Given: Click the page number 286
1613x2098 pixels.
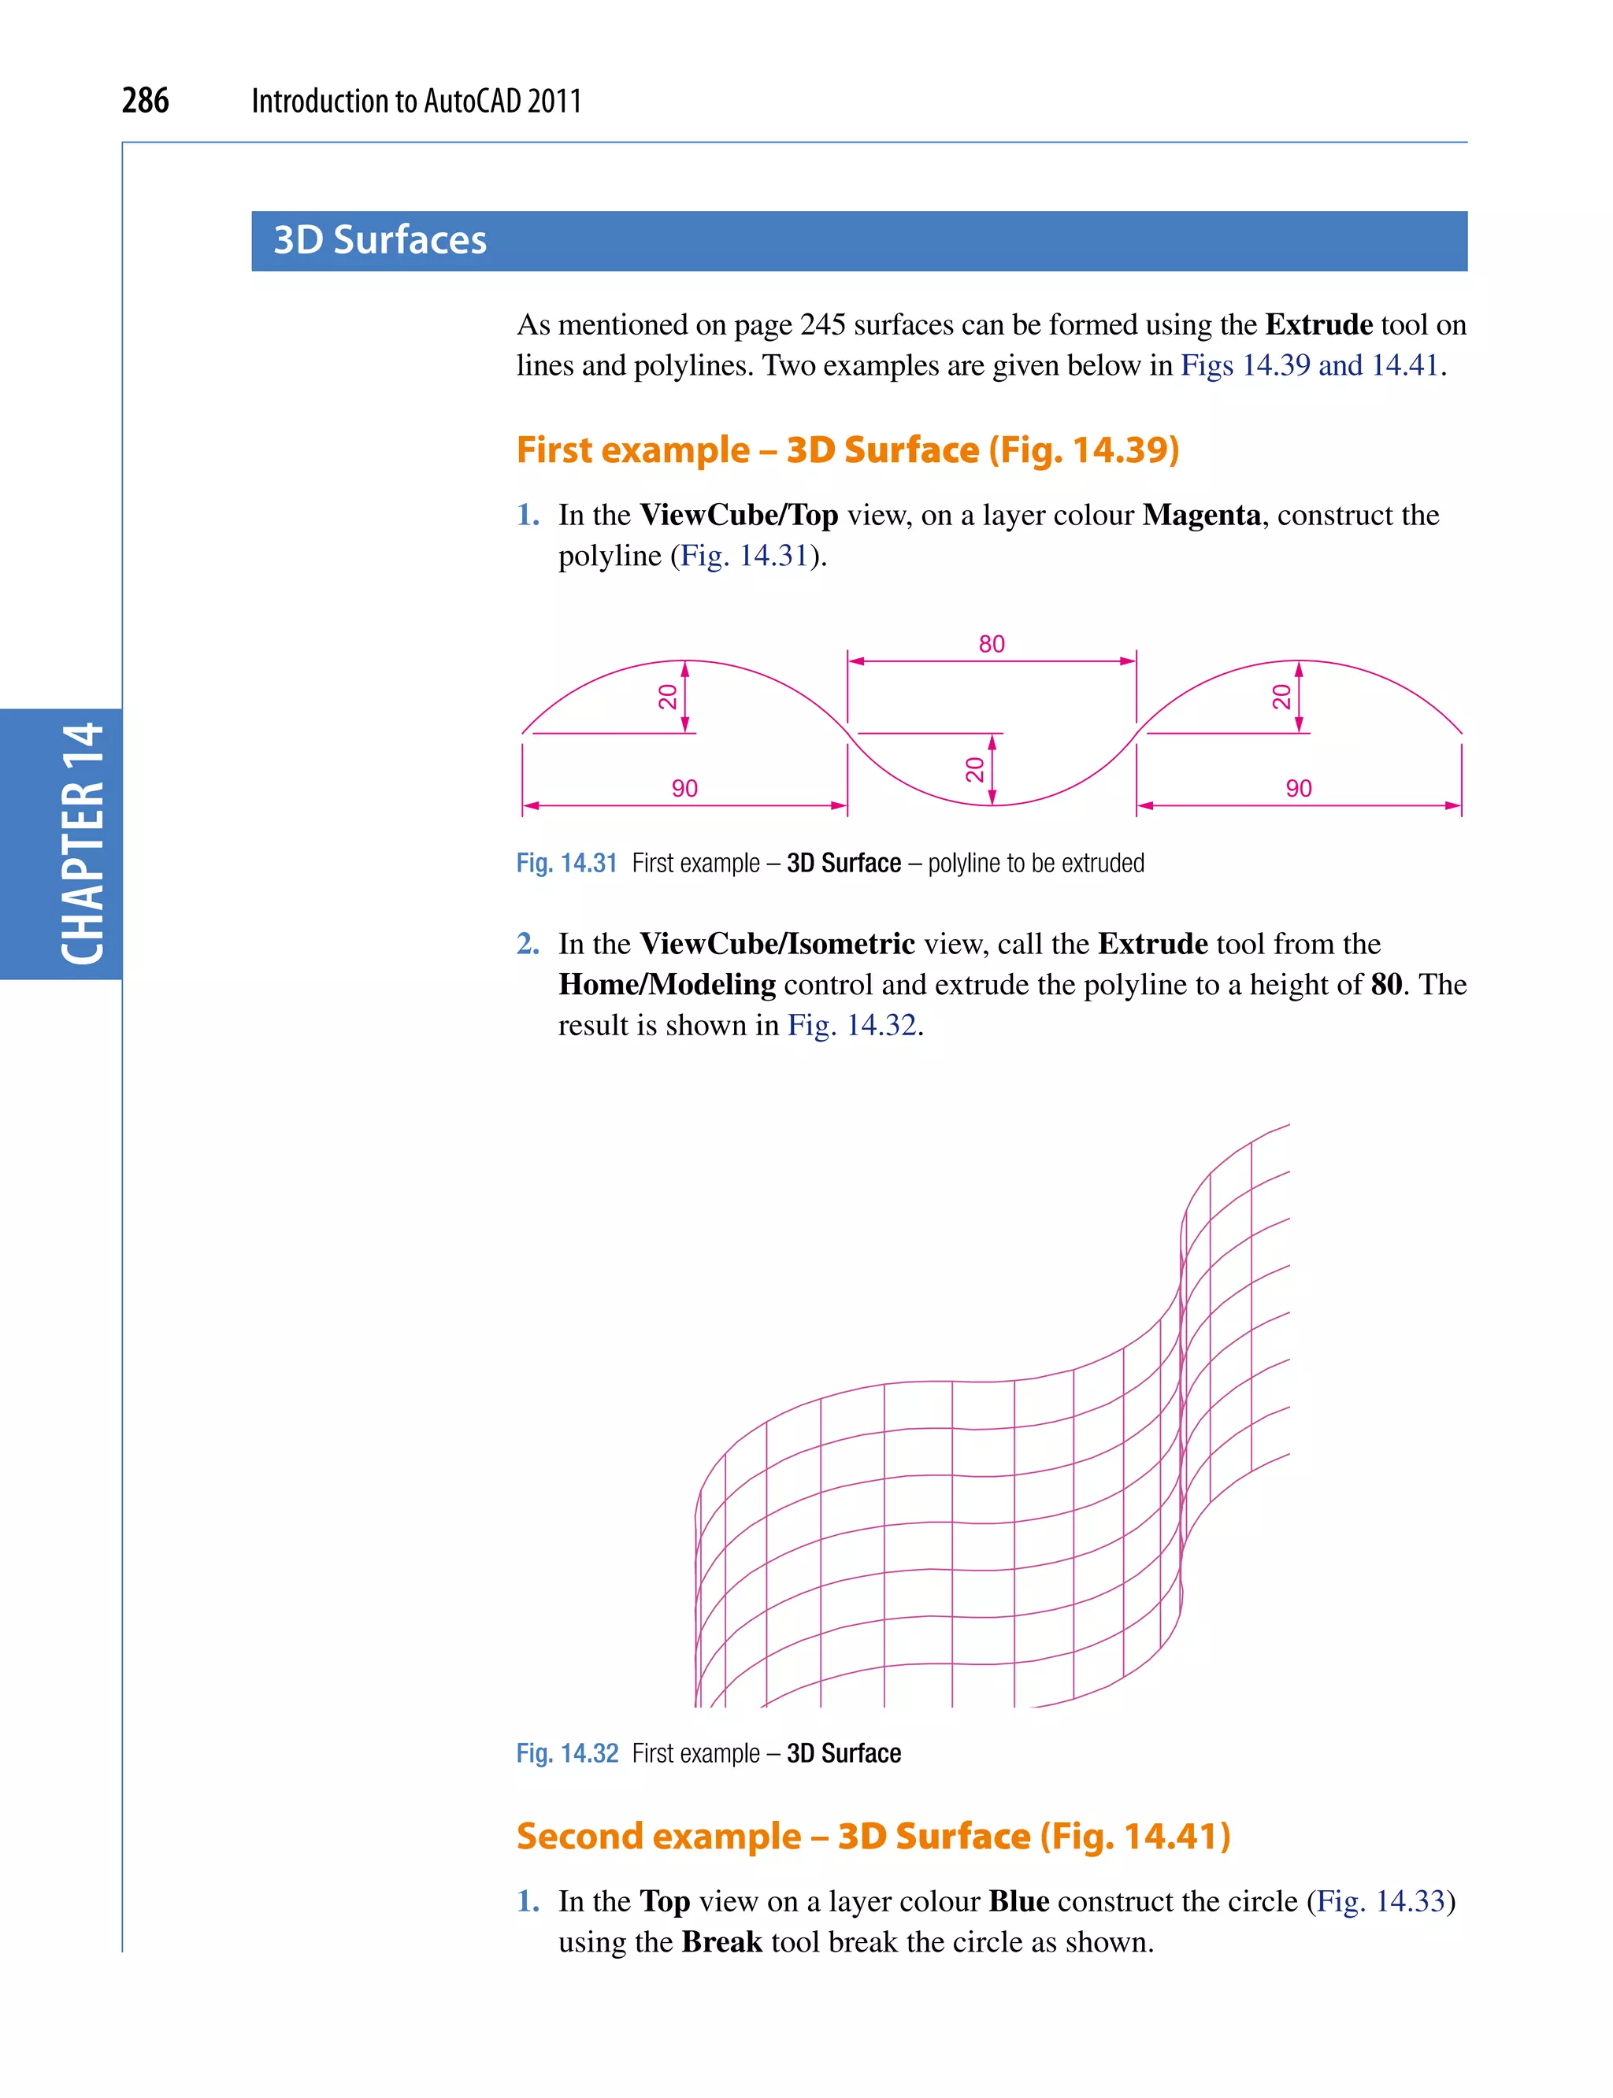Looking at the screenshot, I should [145, 101].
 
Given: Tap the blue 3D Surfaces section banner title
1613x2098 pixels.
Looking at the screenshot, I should [380, 240].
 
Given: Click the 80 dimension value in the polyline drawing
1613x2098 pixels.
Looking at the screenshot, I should [991, 644].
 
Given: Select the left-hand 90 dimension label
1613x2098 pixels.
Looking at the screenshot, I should [684, 788].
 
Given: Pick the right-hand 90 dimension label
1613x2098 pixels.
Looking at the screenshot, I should [1298, 788].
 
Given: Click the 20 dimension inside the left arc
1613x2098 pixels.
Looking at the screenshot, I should [668, 697].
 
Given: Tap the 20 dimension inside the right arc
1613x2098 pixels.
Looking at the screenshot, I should [1281, 697].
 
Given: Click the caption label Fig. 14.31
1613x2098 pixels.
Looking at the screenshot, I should [566, 863].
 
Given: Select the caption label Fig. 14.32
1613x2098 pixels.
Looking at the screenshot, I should [567, 1753].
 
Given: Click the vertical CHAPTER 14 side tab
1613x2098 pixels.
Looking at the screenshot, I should [82, 844].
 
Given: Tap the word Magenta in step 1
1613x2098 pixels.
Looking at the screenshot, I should [1201, 516].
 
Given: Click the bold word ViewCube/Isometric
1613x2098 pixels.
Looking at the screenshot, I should [777, 943].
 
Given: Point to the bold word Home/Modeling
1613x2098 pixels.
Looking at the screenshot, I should [667, 985].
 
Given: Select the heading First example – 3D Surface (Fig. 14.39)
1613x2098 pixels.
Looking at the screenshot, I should [847, 450].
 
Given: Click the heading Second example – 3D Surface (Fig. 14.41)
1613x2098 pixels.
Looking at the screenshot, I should [873, 1836].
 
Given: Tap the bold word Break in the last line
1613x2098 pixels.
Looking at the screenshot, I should [722, 1941].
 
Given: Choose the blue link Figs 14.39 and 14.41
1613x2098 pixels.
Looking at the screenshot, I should [1310, 365].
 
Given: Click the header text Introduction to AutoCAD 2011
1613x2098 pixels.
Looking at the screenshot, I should [417, 101].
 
